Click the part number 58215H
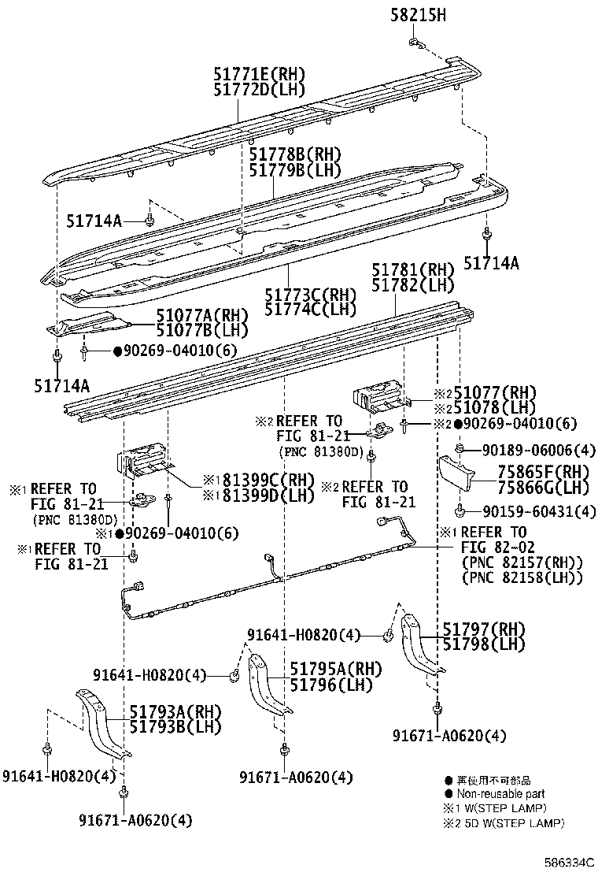tap(418, 14)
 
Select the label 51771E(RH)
tap(258, 74)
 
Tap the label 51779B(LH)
tap(296, 169)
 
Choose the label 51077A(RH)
tap(201, 316)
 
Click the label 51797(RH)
tap(482, 629)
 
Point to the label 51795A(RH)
tap(335, 668)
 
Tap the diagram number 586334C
tap(570, 863)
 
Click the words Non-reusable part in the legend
tap(500, 794)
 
